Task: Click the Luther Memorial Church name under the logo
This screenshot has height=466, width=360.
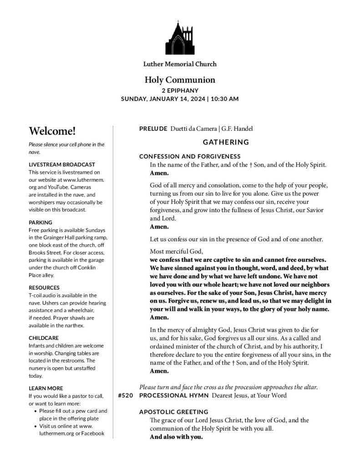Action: [x=180, y=64]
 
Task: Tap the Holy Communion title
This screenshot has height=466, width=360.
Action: [x=180, y=80]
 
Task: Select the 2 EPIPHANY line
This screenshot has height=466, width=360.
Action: [x=180, y=90]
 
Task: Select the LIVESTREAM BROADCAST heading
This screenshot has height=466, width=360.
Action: [x=61, y=164]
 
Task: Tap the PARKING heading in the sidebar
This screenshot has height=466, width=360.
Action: [x=40, y=222]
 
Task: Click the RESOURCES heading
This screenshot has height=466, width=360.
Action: [x=44, y=288]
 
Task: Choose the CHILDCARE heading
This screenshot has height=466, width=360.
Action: [x=44, y=338]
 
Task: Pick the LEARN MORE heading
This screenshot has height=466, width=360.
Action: [x=46, y=388]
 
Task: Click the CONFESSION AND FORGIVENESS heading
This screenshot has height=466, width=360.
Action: [x=193, y=157]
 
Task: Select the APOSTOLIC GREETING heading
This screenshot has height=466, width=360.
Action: [x=173, y=411]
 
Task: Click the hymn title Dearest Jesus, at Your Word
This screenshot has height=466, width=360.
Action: [x=249, y=395]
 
